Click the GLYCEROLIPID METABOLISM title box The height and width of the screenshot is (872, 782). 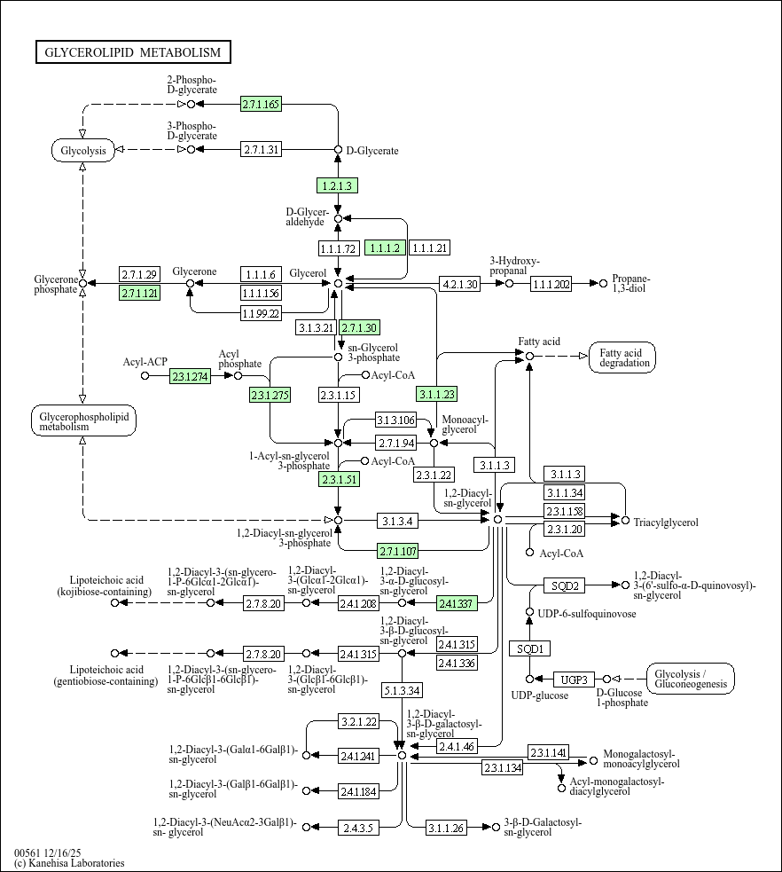click(x=133, y=52)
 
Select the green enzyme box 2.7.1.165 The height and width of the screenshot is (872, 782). click(x=261, y=105)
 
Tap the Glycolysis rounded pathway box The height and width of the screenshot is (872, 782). click(x=83, y=150)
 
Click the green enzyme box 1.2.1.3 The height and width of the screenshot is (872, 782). click(x=337, y=185)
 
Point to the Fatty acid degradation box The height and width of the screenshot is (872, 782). click(x=626, y=357)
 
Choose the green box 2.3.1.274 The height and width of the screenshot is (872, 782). click(x=191, y=376)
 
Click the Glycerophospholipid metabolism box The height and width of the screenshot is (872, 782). click(x=83, y=421)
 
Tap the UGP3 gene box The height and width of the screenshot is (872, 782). click(x=574, y=680)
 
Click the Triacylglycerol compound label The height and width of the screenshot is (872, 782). click(x=666, y=522)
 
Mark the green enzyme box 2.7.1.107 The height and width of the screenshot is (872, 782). click(x=399, y=549)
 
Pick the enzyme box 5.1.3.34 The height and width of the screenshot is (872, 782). click(x=403, y=689)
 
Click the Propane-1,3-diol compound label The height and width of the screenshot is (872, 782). click(x=630, y=284)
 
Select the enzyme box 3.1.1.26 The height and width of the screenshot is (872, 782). click(x=446, y=827)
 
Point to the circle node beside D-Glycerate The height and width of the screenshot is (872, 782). click(x=338, y=150)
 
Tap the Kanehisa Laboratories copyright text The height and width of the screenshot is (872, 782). click(x=69, y=863)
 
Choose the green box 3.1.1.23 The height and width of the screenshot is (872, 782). click(x=436, y=394)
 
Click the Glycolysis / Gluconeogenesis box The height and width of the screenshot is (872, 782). click(x=691, y=679)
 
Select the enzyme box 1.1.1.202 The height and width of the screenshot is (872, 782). click(x=551, y=284)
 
